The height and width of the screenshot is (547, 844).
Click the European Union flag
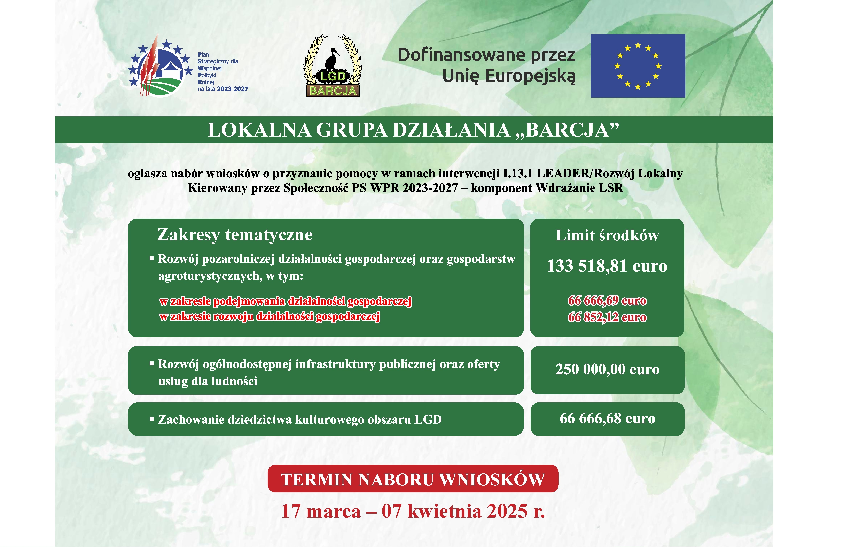click(x=637, y=66)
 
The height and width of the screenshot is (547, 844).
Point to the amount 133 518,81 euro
click(x=607, y=266)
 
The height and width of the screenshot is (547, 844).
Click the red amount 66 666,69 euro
click(x=607, y=300)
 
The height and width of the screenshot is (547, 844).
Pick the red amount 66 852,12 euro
click(x=607, y=317)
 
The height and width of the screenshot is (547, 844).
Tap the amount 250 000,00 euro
click(x=607, y=369)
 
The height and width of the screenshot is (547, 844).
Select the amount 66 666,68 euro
click(x=607, y=419)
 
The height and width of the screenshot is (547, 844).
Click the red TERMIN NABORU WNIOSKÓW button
click(x=413, y=479)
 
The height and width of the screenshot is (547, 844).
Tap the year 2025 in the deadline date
click(x=507, y=511)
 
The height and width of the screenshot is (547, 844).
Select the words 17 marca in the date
click(x=321, y=511)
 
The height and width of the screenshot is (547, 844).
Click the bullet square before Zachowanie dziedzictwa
click(x=152, y=419)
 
